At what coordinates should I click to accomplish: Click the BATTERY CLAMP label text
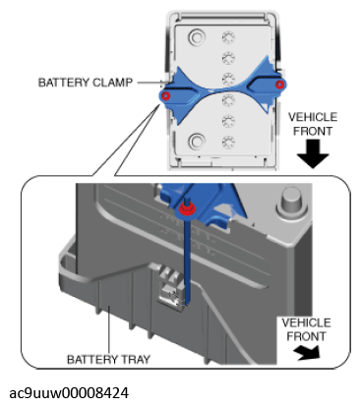86,83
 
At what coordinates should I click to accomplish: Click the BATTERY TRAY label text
108,360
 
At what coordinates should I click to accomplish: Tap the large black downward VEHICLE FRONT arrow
313,153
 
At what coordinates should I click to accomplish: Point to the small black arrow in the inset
307,353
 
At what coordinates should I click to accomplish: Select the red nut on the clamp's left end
166,96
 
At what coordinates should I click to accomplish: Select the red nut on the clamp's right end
279,85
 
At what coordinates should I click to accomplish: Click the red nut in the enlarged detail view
187,208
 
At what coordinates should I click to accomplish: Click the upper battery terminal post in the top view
197,38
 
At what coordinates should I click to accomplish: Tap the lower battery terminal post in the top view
197,142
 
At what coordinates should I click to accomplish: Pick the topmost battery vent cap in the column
228,37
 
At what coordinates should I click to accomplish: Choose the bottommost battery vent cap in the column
228,143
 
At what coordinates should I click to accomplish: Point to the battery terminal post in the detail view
292,203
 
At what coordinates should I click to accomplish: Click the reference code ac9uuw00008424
69,393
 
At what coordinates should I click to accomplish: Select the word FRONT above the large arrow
313,131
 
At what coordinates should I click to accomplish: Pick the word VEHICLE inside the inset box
306,322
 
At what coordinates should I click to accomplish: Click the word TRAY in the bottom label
136,360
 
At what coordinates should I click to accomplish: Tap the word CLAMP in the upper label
112,83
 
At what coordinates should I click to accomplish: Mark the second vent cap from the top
228,58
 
